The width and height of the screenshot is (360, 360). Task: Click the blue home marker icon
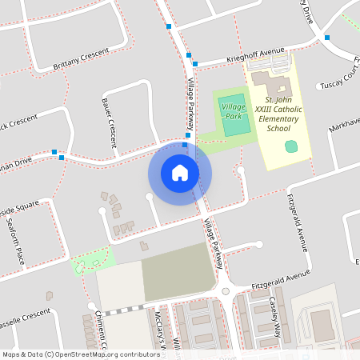click(x=180, y=172)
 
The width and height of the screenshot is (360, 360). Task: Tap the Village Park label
click(x=233, y=111)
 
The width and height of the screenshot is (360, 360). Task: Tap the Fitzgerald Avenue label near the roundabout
click(x=279, y=278)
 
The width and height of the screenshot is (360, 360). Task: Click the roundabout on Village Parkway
click(x=226, y=292)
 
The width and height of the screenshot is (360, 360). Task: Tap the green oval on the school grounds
click(x=291, y=146)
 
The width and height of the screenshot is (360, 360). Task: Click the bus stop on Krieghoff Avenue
click(x=194, y=63)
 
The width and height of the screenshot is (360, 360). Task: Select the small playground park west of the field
click(x=92, y=262)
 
